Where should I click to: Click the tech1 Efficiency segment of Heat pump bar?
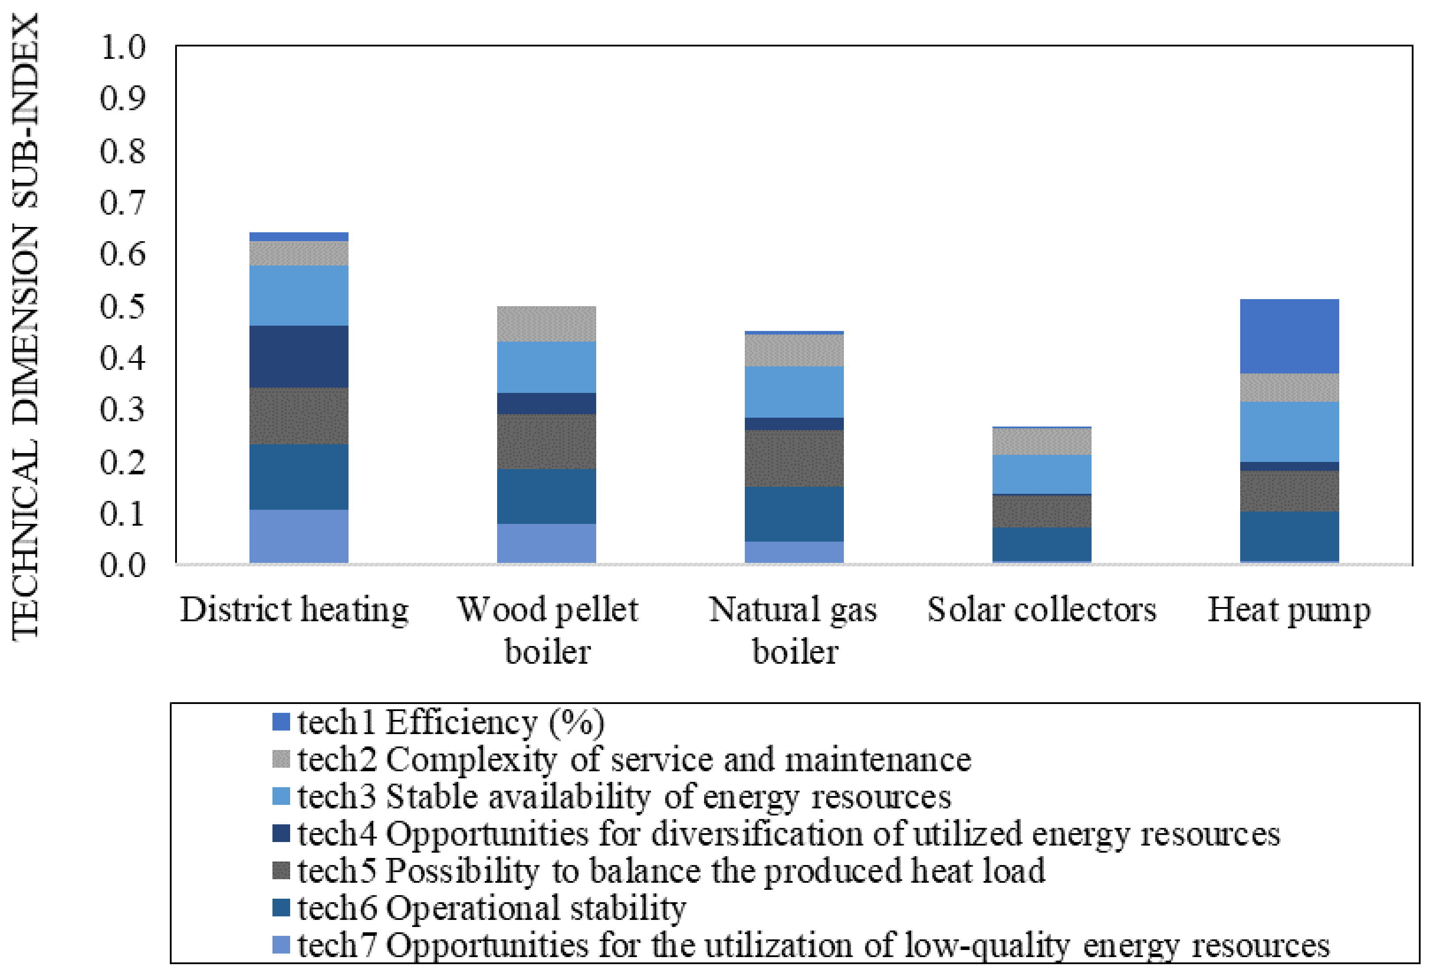1289,336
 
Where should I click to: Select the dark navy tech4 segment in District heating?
299,357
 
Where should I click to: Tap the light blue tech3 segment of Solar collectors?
1042,474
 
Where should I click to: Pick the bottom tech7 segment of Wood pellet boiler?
546,543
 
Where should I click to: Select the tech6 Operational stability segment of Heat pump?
1289,536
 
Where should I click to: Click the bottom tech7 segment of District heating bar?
299,536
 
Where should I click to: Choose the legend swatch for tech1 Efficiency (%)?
281,722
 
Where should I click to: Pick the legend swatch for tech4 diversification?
281,833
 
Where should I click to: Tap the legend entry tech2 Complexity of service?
634,759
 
